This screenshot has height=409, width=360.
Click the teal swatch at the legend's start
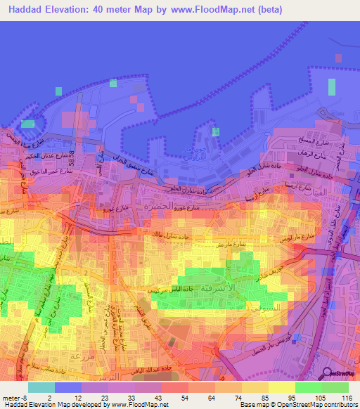pos(41,387)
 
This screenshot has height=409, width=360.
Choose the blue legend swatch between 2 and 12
pos(67,387)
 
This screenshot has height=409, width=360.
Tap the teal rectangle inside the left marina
pos(27,124)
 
